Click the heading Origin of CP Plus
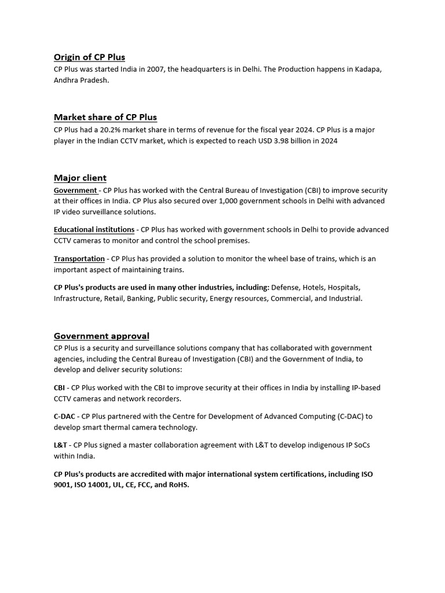[89, 57]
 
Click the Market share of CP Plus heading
[105, 117]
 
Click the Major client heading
[80, 178]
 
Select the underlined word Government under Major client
[75, 191]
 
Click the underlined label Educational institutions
[94, 230]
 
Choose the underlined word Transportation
[79, 259]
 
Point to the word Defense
[286, 287]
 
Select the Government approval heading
[101, 336]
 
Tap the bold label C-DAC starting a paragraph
[65, 416]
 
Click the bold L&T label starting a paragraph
[60, 445]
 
